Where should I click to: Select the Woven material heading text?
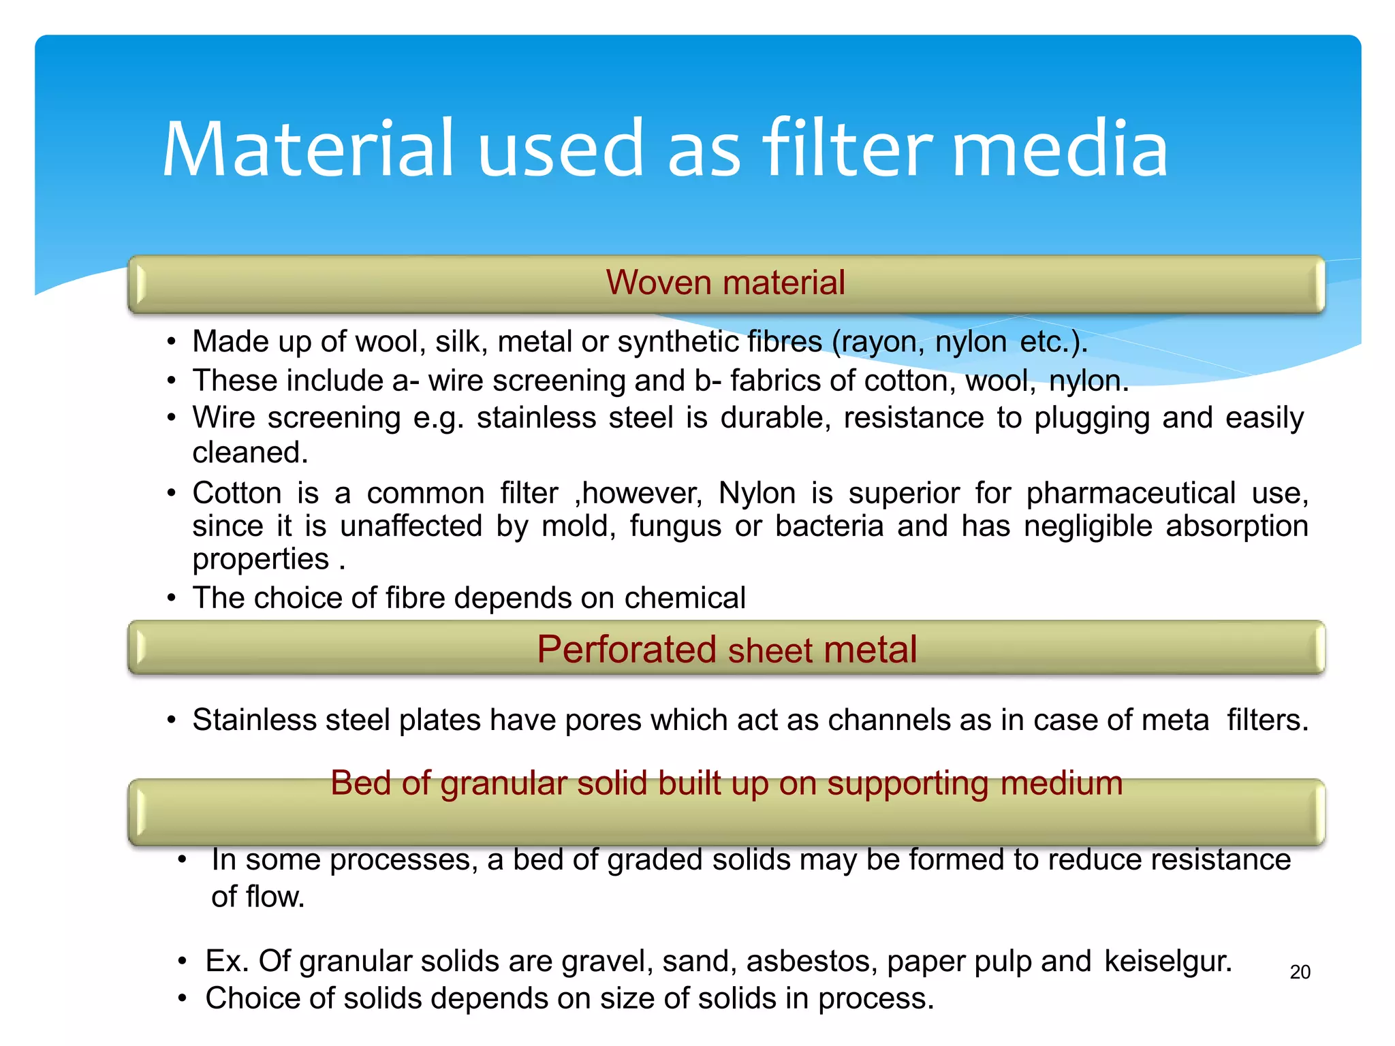[725, 283]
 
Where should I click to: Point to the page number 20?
[1300, 972]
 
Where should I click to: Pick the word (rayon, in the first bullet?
[878, 341]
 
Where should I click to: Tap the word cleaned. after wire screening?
[250, 453]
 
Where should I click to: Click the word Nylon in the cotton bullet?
[757, 492]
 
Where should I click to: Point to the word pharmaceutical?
[1131, 492]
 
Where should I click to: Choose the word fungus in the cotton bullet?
[675, 526]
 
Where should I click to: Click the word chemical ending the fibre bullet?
[685, 598]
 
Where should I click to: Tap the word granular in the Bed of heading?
[503, 783]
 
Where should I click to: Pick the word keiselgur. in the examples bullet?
[1168, 961]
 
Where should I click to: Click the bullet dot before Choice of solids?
[182, 999]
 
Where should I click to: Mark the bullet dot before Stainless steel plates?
[172, 720]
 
